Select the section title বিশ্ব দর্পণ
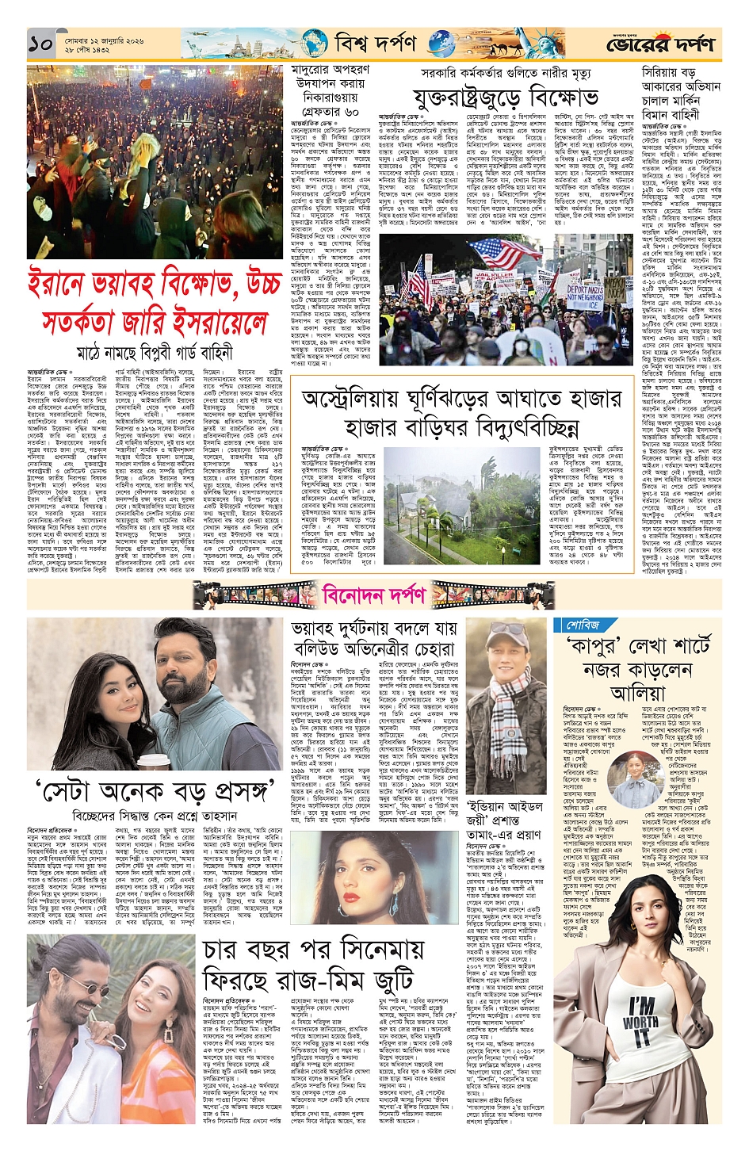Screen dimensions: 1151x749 tap(375, 43)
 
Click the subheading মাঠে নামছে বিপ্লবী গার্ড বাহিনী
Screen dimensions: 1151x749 tap(154, 352)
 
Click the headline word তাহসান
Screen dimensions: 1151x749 tap(216, 816)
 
